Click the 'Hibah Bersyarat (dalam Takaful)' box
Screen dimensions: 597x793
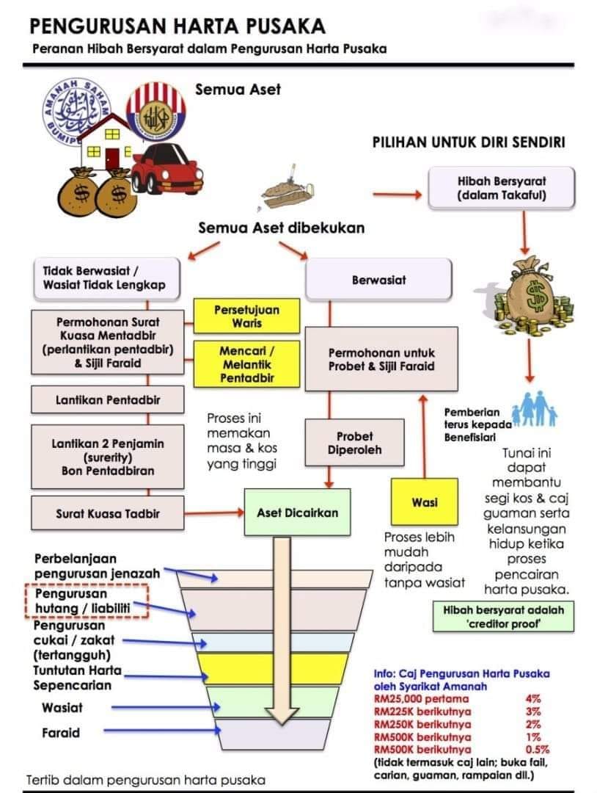[x=501, y=188]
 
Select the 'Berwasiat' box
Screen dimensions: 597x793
[x=378, y=280]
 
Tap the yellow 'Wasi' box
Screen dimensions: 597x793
[x=424, y=501]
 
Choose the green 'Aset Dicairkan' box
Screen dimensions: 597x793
[x=297, y=513]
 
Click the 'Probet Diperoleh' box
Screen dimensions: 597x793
[x=354, y=443]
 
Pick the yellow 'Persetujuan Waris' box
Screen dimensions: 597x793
[x=246, y=316]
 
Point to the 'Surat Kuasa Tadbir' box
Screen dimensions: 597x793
[x=108, y=513]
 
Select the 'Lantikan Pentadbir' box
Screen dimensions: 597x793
[x=108, y=400]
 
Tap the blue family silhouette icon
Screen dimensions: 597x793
[x=535, y=409]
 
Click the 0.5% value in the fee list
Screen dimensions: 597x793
[x=537, y=750]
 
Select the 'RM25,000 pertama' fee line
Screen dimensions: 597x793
[x=421, y=699]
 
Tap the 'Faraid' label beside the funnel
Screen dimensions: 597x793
[x=61, y=732]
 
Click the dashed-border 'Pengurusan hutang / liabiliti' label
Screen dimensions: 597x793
[x=87, y=601]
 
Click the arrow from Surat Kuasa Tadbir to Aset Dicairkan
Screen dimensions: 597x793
[x=214, y=513]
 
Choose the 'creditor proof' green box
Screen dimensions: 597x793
[x=503, y=617]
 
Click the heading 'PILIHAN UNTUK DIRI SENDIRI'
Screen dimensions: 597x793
[x=469, y=142]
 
